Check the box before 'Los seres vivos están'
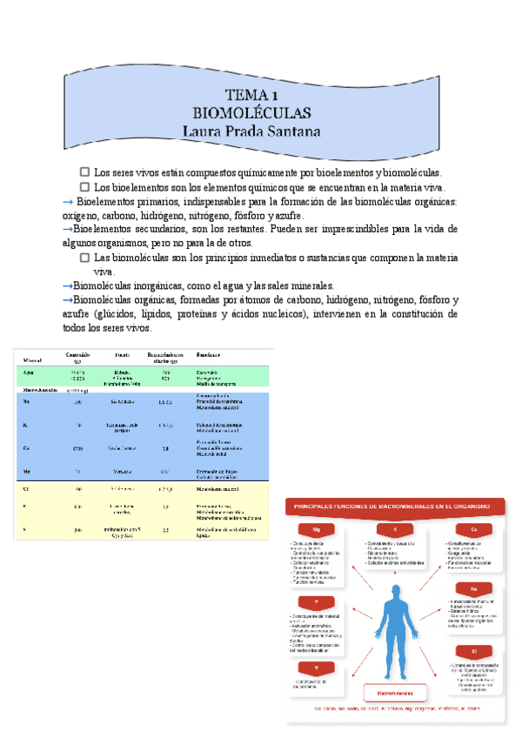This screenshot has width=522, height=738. click(84, 172)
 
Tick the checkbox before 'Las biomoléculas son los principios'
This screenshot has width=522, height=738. click(84, 258)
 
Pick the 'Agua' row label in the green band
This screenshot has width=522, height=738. click(30, 372)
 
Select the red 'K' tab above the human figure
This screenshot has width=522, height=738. click(394, 529)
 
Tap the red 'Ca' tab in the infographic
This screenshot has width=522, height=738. click(475, 529)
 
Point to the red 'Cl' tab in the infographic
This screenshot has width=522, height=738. click(475, 651)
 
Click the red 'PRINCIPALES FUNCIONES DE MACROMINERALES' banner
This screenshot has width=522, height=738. click(396, 506)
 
